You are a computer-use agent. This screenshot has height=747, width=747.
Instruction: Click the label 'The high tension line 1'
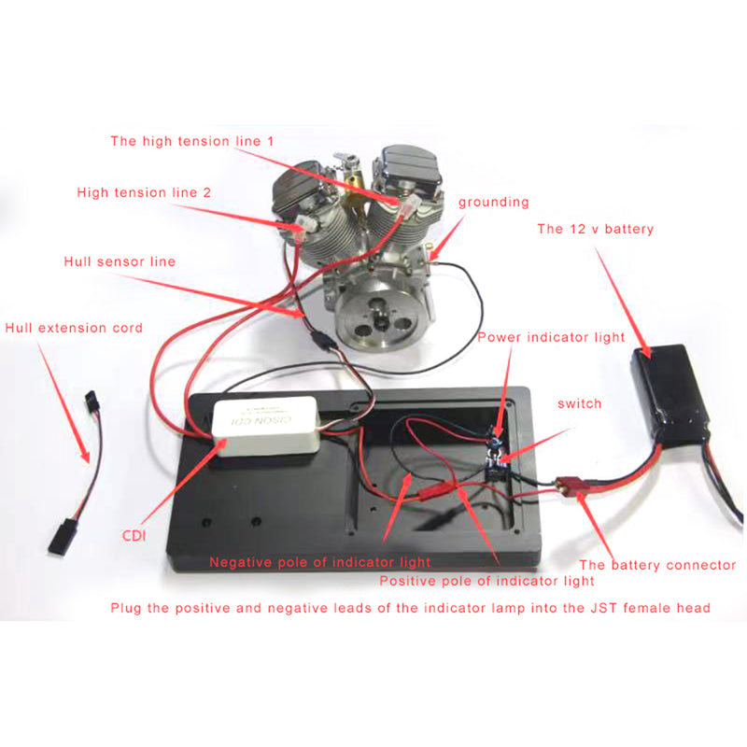(x=191, y=141)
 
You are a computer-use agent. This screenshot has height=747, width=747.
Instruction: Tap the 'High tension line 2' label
(x=144, y=192)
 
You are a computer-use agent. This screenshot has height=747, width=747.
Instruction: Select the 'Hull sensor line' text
(x=120, y=261)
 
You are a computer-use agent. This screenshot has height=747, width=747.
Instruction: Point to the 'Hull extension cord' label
(x=74, y=328)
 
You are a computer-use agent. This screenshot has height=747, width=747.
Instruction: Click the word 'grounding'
(x=493, y=202)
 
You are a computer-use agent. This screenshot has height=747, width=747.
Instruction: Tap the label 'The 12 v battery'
(x=595, y=229)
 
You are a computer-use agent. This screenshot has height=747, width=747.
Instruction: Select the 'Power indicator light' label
(x=551, y=337)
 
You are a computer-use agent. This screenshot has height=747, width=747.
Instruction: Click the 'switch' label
(x=579, y=403)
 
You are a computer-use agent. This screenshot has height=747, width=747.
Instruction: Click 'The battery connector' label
(x=657, y=564)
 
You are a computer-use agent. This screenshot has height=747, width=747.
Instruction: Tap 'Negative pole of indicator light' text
(x=320, y=561)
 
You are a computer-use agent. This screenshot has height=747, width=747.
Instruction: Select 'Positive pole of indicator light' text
(x=486, y=581)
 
